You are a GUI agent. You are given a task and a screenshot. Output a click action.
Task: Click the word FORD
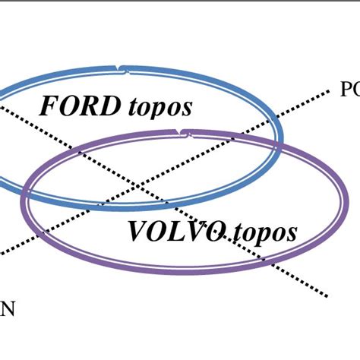point(80,106)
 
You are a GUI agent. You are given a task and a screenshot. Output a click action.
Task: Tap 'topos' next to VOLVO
point(265,232)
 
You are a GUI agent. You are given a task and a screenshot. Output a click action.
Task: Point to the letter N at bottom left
point(7,309)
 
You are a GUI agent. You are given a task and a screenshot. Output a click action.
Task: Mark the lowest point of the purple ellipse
point(182,270)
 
